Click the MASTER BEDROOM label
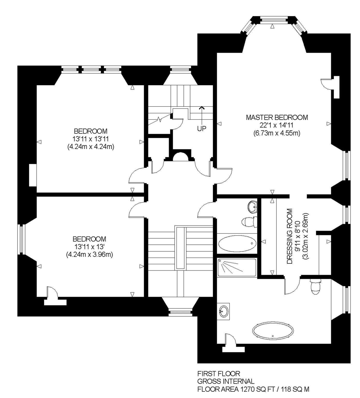277,117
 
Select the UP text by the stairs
202,129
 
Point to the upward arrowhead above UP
202,108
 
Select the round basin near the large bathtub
224,310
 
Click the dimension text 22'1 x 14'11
277,125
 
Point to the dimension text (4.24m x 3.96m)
89,254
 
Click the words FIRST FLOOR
219,374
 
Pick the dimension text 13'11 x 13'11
91,139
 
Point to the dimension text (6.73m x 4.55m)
277,133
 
